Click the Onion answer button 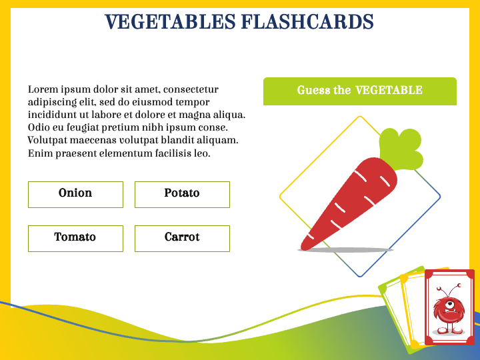tap(75, 194)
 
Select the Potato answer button tap(182, 194)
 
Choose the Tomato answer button tap(75, 238)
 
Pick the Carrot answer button tap(182, 238)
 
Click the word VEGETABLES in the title tap(170, 22)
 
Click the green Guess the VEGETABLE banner tap(360, 91)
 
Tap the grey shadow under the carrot tap(345, 250)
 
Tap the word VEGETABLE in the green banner tap(389, 91)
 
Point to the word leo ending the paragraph tap(203, 154)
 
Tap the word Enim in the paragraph tap(39, 154)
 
